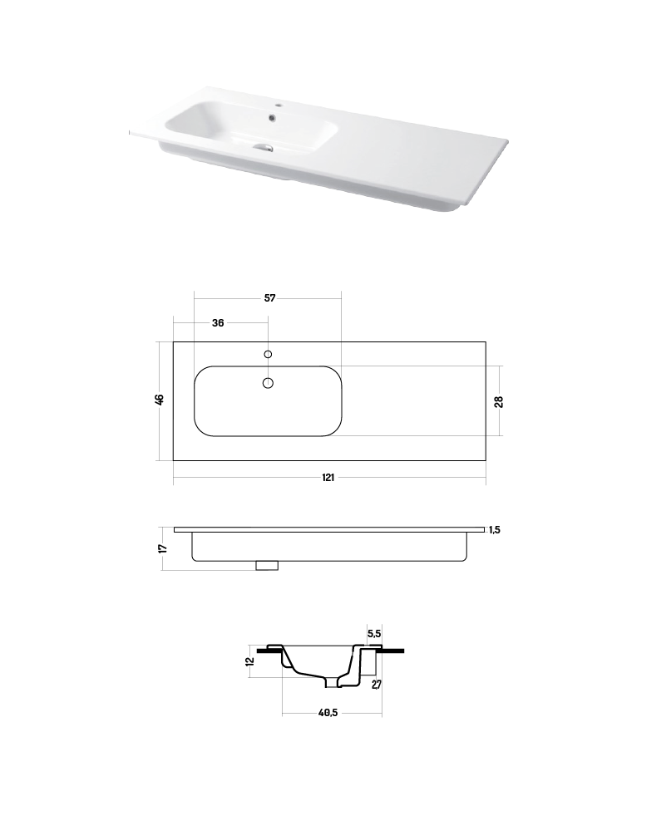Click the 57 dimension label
(269, 297)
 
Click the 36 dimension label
(218, 323)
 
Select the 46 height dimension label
(160, 400)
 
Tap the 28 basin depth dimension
(499, 401)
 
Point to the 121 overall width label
(328, 477)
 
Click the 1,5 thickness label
(495, 530)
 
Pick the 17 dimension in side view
(163, 548)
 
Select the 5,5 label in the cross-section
(374, 634)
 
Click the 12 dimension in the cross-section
(250, 660)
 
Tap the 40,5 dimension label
(328, 713)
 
